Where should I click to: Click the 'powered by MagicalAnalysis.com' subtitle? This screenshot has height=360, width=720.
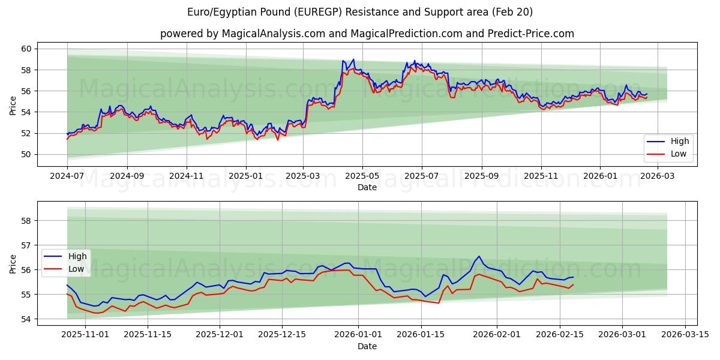tap(367, 34)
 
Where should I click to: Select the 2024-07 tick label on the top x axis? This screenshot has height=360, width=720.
tap(67, 176)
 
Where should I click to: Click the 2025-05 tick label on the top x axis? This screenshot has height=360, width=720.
tap(362, 176)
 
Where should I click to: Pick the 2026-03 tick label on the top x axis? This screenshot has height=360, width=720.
tap(659, 176)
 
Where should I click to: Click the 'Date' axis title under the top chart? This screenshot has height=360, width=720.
tap(367, 187)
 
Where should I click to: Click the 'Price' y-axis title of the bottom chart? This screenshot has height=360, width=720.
tap(13, 263)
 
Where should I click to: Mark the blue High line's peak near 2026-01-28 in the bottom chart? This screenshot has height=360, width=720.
tap(479, 256)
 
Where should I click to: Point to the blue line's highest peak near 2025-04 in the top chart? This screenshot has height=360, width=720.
tap(353, 59)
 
